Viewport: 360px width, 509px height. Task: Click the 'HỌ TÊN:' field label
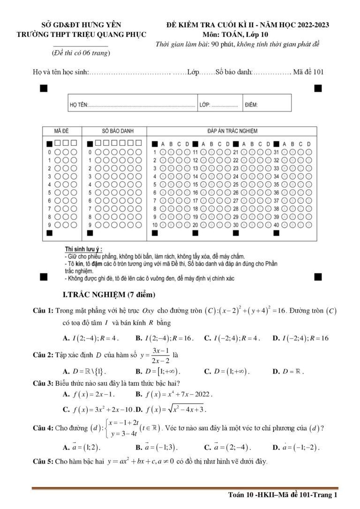point(78,105)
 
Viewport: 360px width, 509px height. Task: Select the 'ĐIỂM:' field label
point(251,105)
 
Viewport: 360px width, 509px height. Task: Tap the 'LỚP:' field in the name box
point(205,105)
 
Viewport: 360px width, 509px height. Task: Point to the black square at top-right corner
point(318,88)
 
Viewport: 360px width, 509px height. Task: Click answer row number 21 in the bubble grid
point(236,152)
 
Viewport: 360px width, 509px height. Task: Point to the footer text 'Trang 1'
point(326,495)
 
